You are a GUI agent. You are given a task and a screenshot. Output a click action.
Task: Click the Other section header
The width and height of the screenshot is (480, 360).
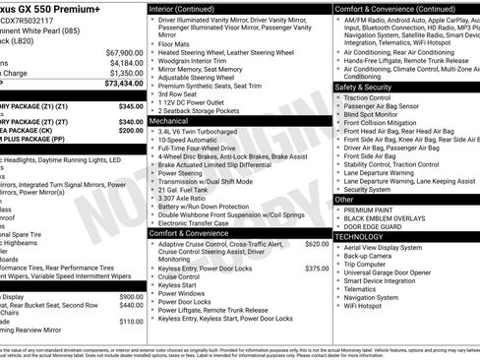point(344,199)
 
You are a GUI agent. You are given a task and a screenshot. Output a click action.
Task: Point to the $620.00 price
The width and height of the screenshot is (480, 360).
point(317,243)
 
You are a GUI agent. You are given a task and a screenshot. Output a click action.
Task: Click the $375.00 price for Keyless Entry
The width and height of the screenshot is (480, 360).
point(317,268)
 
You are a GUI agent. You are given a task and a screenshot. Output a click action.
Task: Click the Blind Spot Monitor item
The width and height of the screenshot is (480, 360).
point(379,115)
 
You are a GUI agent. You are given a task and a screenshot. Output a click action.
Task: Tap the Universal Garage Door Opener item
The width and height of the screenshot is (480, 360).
point(392,271)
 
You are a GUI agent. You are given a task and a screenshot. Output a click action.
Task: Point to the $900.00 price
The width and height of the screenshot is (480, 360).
point(131,296)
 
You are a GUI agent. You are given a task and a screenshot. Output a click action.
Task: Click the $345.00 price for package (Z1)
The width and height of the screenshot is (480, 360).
point(131,105)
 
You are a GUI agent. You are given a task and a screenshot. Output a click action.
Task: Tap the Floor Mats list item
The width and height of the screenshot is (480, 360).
point(176,44)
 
